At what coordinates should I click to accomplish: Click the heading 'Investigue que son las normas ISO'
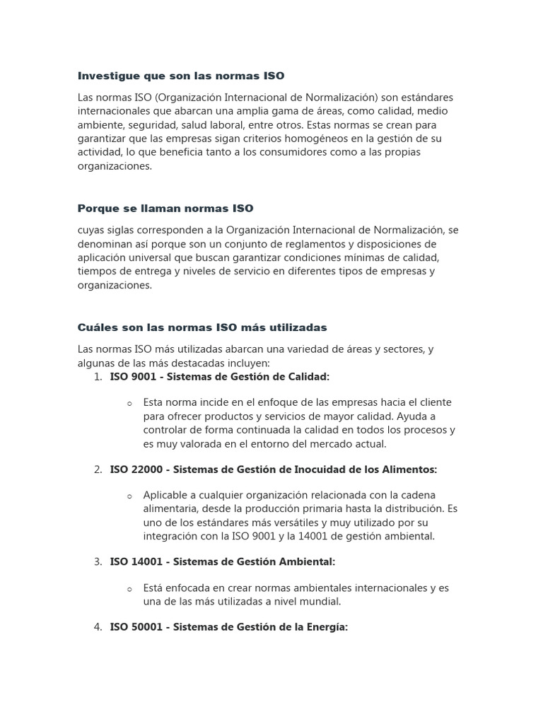(180, 75)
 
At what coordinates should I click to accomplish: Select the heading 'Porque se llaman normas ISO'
(165, 209)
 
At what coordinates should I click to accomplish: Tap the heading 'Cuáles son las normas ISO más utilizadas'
(202, 327)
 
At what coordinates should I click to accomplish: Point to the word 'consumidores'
(284, 152)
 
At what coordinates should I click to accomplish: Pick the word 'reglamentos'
(269, 244)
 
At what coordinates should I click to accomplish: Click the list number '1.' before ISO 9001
(98, 377)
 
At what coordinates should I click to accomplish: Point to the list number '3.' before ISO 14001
(98, 561)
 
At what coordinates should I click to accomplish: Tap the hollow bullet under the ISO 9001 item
(129, 403)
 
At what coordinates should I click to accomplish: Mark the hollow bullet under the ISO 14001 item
(129, 589)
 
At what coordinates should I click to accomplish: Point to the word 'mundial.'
(320, 602)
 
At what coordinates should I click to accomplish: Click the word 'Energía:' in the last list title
(326, 627)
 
